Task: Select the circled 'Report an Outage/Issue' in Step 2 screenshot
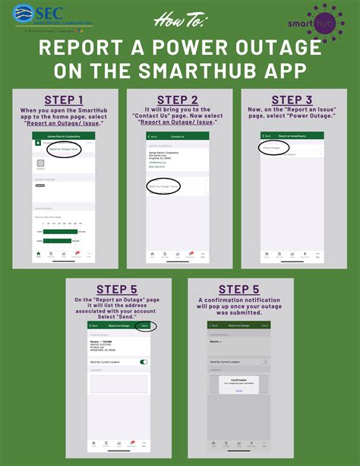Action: click(163, 207)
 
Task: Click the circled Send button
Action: click(144, 325)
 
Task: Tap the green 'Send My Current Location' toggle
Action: click(144, 362)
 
